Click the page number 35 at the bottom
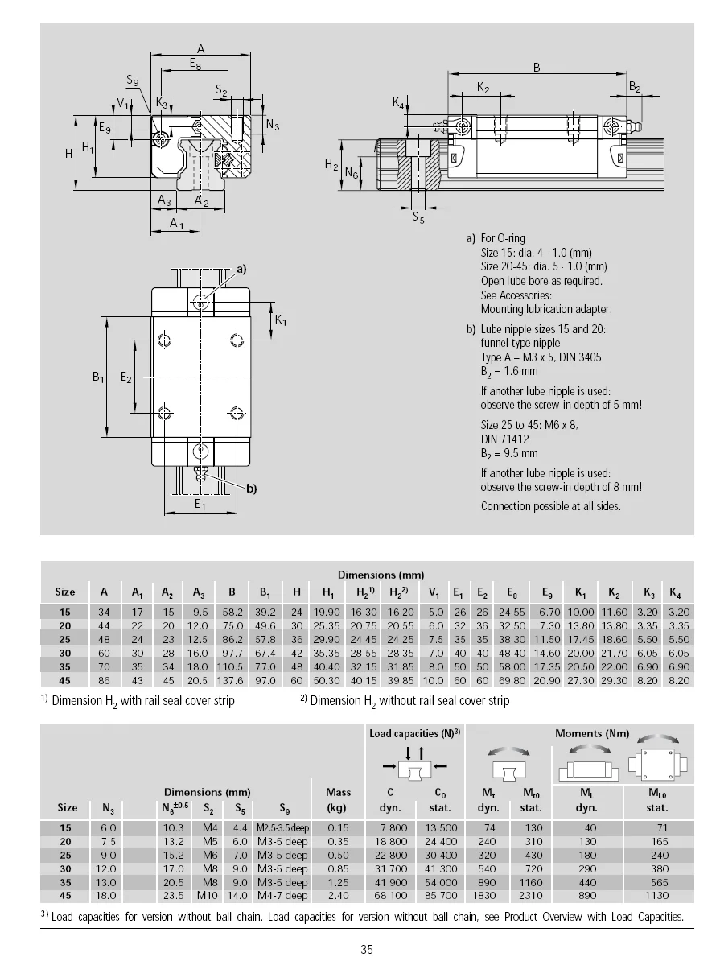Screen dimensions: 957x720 point(367,949)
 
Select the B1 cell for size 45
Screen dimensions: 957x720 point(265,680)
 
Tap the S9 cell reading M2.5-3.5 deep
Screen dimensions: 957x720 point(282,827)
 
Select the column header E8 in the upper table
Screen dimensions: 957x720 point(512,592)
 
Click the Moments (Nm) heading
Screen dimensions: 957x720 point(592,733)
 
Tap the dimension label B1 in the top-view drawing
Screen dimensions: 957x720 point(99,377)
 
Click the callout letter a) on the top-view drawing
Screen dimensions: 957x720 point(241,269)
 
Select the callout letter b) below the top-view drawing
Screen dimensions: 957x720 point(250,488)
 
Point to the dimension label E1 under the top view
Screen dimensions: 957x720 point(200,505)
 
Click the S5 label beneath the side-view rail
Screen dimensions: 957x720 point(418,217)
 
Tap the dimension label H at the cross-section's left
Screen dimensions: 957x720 point(69,152)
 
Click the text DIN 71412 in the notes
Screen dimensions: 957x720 point(504,439)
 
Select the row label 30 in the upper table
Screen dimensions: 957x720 point(65,653)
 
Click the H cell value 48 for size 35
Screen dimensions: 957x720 point(297,666)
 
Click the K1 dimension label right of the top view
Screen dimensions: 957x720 point(281,320)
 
